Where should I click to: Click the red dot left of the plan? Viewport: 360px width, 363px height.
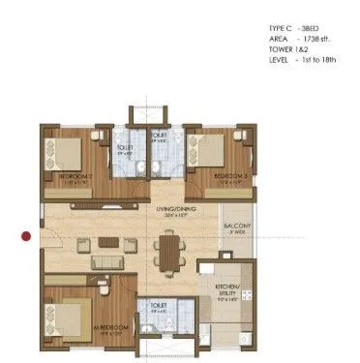(x=28, y=234)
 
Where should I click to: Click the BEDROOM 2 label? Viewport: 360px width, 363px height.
(x=74, y=176)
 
